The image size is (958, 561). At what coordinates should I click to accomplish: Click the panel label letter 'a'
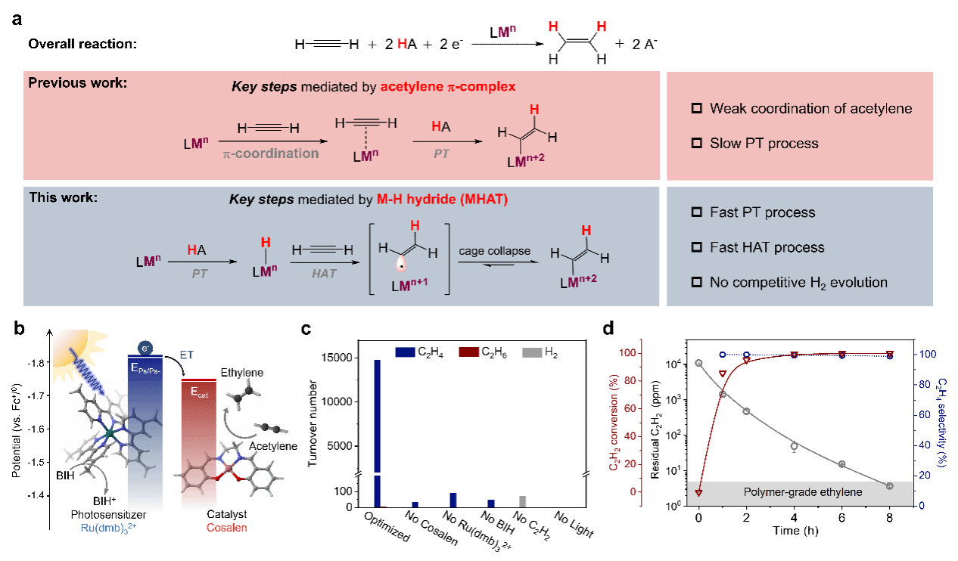[17, 20]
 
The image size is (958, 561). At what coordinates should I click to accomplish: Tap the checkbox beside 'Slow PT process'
[697, 143]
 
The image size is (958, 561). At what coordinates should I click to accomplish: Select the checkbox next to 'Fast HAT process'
[697, 247]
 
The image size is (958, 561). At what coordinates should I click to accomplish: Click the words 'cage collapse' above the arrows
[494, 251]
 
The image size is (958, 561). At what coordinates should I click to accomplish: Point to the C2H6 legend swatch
[468, 352]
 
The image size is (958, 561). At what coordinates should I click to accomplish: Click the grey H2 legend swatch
[532, 352]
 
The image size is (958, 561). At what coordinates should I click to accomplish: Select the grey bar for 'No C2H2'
[523, 501]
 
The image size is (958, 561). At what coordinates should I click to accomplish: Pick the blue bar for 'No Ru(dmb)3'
[453, 501]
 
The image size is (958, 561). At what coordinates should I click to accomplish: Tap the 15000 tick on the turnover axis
[337, 358]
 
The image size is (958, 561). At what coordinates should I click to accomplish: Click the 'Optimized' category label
[387, 526]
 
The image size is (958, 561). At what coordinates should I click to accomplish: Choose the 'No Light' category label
[574, 524]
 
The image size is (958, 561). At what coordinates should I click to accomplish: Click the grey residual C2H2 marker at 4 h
[795, 446]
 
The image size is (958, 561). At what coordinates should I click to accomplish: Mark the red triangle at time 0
[699, 493]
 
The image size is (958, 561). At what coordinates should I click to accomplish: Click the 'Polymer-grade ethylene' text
[803, 492]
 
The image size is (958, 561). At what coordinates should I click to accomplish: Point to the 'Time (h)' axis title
[795, 531]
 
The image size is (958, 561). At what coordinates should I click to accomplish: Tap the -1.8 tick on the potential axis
[36, 363]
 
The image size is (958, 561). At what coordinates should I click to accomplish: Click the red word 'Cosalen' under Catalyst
[227, 528]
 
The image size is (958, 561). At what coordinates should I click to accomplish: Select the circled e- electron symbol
[145, 349]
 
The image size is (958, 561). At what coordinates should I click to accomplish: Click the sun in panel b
[70, 349]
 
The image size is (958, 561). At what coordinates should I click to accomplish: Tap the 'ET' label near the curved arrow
[186, 355]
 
